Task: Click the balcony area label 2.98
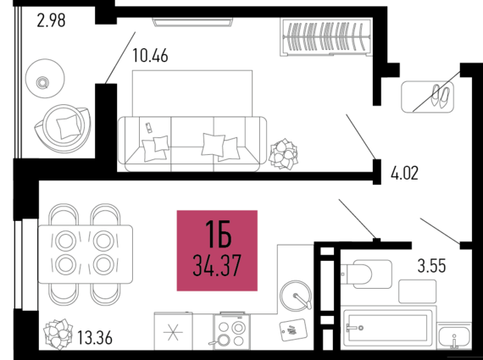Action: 51,20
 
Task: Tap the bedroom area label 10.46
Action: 150,56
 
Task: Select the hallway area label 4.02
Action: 404,174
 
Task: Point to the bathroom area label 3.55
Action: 431,265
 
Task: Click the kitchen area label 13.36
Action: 95,337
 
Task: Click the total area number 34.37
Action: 217,265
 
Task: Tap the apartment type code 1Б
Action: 218,235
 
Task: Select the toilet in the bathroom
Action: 366,274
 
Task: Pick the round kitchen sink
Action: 296,296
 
